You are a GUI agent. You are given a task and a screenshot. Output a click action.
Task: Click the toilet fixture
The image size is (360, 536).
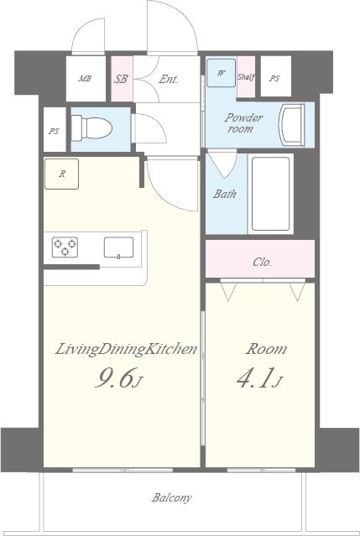click(x=91, y=127)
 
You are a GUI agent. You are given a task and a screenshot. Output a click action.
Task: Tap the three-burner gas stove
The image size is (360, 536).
click(x=65, y=247)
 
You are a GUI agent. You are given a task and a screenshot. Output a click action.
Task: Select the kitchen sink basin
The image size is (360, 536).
click(x=118, y=247)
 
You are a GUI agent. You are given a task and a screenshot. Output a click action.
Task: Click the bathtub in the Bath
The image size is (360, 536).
click(x=270, y=194)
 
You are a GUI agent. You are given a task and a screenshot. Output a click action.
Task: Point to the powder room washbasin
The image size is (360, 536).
click(x=292, y=125)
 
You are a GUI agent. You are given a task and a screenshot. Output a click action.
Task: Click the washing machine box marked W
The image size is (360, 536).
click(x=222, y=73)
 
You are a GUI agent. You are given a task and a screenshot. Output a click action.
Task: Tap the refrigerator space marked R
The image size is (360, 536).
click(x=61, y=174)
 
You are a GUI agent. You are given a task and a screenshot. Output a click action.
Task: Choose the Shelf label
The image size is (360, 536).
click(x=246, y=77)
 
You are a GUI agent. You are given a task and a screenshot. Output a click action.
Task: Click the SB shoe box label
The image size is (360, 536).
click(x=121, y=79)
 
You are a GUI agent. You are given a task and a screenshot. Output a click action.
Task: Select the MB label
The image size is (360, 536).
click(x=85, y=78)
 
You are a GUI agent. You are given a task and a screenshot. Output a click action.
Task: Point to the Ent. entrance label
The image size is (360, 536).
click(x=168, y=80)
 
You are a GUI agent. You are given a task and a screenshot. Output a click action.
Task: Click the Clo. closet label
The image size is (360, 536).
click(x=262, y=263)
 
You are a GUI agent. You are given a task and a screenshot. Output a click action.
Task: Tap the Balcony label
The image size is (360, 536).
click(x=172, y=497)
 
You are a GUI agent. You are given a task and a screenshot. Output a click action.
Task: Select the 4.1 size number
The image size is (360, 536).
click(x=254, y=377)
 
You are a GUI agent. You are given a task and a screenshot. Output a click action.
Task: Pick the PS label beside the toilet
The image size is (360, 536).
click(x=54, y=131)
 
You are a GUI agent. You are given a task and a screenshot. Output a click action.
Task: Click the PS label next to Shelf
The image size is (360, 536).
click(x=274, y=79)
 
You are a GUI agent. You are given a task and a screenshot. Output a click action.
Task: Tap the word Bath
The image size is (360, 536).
click(x=225, y=194)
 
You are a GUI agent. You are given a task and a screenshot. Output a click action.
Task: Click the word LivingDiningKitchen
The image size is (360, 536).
click(x=126, y=350)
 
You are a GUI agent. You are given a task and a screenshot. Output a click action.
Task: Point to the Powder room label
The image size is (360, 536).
click(x=243, y=123)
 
